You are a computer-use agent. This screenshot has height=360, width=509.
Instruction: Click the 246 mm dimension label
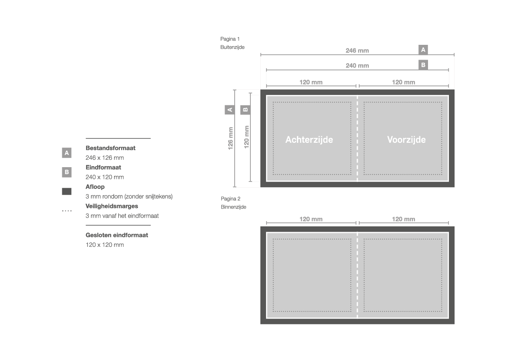pyautogui.click(x=357, y=50)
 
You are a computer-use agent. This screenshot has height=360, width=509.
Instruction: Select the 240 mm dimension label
pyautogui.click(x=357, y=66)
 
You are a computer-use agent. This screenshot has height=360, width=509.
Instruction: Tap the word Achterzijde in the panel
pyautogui.click(x=309, y=140)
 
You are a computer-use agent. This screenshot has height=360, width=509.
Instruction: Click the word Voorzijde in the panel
pyautogui.click(x=406, y=140)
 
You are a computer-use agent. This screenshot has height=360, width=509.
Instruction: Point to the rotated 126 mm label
pyautogui.click(x=230, y=138)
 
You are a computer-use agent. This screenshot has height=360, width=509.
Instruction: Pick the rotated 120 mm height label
pyautogui.click(x=246, y=137)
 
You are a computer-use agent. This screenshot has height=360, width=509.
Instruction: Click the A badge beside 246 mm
pyautogui.click(x=423, y=50)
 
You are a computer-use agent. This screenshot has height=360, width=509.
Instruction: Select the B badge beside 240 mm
pyautogui.click(x=423, y=65)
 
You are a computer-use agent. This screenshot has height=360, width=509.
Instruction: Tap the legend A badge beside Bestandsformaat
pyautogui.click(x=67, y=153)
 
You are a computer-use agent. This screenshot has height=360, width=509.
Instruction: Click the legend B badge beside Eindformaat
pyautogui.click(x=67, y=172)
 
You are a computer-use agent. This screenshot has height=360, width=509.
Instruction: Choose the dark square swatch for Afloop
pyautogui.click(x=67, y=192)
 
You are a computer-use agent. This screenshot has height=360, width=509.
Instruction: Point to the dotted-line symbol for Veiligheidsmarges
pyautogui.click(x=67, y=211)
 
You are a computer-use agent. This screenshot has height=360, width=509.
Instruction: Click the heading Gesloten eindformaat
pyautogui.click(x=117, y=235)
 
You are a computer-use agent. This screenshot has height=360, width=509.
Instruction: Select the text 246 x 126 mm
pyautogui.click(x=105, y=158)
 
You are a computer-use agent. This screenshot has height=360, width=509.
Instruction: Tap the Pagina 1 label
pyautogui.click(x=230, y=39)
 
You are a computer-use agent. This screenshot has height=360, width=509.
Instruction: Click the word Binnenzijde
pyautogui.click(x=233, y=207)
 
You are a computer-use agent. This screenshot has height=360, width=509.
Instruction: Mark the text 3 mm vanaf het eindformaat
pyautogui.click(x=122, y=216)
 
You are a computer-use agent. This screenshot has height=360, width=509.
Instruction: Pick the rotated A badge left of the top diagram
pyautogui.click(x=230, y=110)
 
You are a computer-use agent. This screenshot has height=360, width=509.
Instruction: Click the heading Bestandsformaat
pyautogui.click(x=110, y=148)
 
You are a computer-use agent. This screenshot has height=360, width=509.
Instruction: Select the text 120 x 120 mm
pyautogui.click(x=105, y=245)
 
